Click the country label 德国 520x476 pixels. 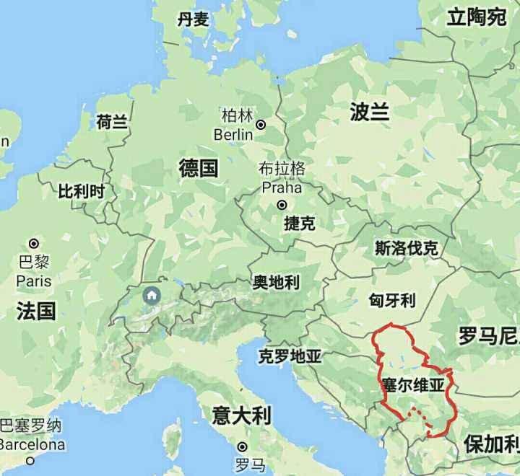199,169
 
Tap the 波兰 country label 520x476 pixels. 370,112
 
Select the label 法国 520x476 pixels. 36,311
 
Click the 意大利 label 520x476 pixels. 240,415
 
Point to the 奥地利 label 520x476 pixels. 275,282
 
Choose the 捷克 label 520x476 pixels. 299,224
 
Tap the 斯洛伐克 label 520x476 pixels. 406,249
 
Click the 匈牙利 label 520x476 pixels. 392,299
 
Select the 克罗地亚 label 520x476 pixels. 290,356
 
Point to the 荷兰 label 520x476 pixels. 112,122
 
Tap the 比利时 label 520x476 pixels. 82,191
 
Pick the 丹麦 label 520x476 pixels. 194,19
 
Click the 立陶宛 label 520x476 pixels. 477,17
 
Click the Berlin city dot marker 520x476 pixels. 261,124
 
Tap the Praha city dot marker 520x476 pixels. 282,205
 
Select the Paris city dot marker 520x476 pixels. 33,243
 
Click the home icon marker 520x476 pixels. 152,295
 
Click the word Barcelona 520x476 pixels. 32,444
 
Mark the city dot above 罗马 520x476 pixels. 243,447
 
